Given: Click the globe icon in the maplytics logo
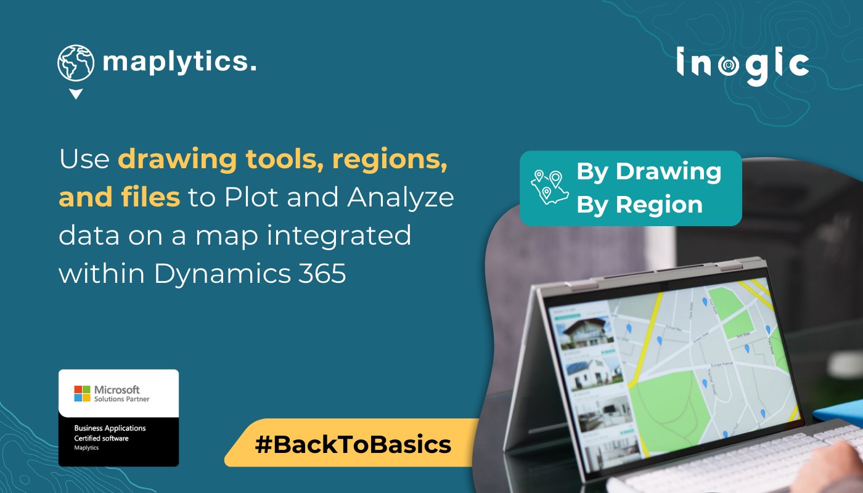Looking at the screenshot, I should (x=76, y=63).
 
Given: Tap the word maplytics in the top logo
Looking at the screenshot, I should (x=179, y=62).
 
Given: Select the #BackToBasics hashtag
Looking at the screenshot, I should (x=353, y=444).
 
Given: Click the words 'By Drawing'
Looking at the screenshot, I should (x=648, y=171).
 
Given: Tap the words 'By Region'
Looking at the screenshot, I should (x=639, y=205).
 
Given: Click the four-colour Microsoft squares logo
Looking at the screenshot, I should (x=82, y=394).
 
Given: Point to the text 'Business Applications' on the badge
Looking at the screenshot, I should (x=110, y=428).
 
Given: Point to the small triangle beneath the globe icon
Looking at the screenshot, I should (x=75, y=94).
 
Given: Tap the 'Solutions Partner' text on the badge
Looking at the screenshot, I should (x=121, y=399).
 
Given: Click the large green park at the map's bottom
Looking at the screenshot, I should (x=669, y=404).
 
